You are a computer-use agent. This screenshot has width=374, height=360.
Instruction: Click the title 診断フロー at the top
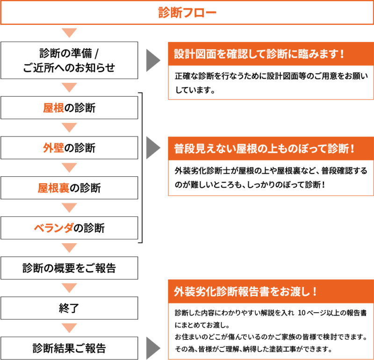click(187, 13)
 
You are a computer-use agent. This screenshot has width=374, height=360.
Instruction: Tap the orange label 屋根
click(53, 108)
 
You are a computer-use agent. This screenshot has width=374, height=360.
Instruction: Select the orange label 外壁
click(53, 148)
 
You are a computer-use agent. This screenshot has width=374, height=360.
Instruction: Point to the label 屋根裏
click(53, 188)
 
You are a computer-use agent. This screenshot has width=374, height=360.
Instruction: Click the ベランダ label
click(53, 229)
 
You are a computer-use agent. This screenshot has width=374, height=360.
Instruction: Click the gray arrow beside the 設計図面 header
click(153, 60)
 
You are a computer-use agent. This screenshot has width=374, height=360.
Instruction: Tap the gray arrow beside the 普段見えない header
click(153, 148)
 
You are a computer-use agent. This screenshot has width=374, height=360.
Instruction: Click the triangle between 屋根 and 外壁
click(69, 128)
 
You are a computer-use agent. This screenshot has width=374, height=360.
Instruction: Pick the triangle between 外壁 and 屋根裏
click(69, 168)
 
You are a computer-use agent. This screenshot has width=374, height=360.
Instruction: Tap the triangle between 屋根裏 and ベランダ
click(69, 208)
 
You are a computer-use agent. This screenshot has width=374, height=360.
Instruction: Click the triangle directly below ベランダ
click(69, 248)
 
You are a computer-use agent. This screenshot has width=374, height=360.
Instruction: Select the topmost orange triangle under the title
click(69, 33)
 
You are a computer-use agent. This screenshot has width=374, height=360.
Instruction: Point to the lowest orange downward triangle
click(69, 329)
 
